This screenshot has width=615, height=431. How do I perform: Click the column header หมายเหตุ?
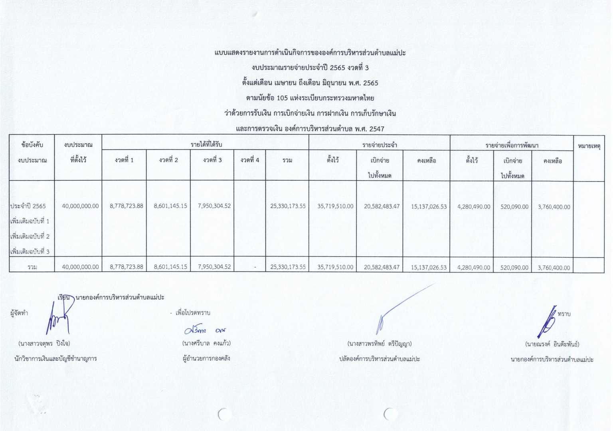pyautogui.click(x=589, y=146)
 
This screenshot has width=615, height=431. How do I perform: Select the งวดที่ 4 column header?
pyautogui.click(x=250, y=160)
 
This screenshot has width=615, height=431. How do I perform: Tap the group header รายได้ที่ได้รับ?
pyautogui.click(x=206, y=144)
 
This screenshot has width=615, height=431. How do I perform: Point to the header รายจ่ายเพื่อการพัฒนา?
pyautogui.click(x=512, y=145)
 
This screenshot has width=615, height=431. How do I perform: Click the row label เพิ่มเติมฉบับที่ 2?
pyautogui.click(x=30, y=236)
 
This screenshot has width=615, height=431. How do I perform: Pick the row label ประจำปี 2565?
pyautogui.click(x=28, y=206)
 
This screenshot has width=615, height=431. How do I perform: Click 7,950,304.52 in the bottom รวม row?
pyautogui.click(x=214, y=267)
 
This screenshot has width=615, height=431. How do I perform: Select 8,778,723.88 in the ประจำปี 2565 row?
pyautogui.click(x=126, y=206)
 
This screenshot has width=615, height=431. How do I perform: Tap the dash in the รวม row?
pyautogui.click(x=255, y=267)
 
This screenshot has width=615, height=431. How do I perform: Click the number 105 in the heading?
pyautogui.click(x=282, y=98)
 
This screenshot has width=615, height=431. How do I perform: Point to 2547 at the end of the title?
pyautogui.click(x=377, y=129)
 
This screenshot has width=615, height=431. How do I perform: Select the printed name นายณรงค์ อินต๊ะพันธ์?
pyautogui.click(x=552, y=344)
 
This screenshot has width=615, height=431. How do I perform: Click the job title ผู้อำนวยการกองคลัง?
pyautogui.click(x=206, y=358)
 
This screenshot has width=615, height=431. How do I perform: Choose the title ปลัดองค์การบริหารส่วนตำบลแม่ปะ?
pyautogui.click(x=380, y=359)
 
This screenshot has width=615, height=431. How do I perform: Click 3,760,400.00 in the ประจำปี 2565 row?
pyautogui.click(x=554, y=207)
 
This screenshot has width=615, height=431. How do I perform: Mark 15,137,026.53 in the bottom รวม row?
pyautogui.click(x=429, y=267)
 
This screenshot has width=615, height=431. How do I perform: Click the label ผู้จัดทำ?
pyautogui.click(x=19, y=313)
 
